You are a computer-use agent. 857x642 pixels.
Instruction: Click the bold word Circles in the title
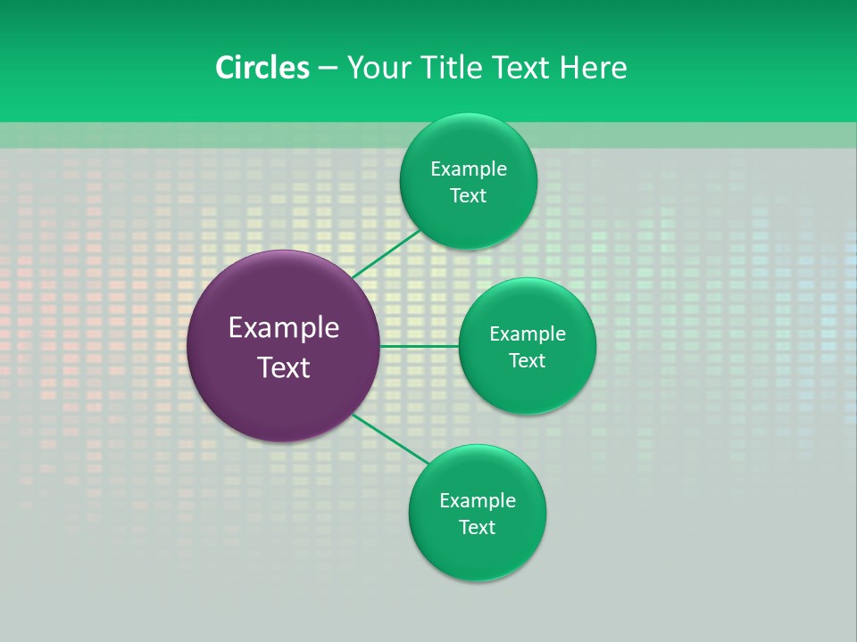pos(262,68)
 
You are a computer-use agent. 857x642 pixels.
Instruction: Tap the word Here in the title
pos(593,68)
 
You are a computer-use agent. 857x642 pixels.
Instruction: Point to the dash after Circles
pos(328,69)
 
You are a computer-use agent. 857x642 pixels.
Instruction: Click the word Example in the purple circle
pos(284,328)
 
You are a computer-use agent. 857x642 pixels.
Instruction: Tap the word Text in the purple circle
pos(284,367)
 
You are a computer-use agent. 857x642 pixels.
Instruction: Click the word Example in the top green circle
pos(468,169)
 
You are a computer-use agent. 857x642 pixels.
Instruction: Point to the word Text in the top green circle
pos(468,196)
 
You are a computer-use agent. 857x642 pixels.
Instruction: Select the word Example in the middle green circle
pos(527,334)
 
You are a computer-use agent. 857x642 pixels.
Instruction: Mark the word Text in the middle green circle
pos(527,361)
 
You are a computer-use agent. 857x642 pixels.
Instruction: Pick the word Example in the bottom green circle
pos(477,501)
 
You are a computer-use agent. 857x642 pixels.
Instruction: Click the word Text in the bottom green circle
pos(477,528)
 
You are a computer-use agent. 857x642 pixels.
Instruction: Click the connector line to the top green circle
pos(386,254)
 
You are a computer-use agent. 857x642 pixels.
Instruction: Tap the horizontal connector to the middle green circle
pos(419,346)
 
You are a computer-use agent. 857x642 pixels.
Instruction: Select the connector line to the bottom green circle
pos(390,439)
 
